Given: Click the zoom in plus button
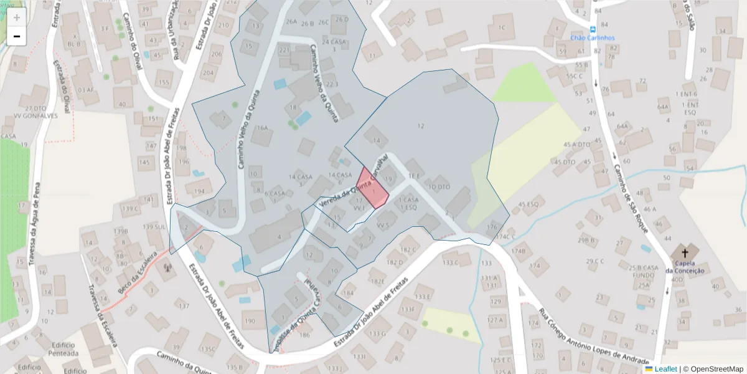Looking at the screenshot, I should pyautogui.click(x=17, y=17).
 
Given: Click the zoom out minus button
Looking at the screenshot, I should pyautogui.click(x=17, y=37).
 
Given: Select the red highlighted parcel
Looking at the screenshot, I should pyautogui.click(x=374, y=191).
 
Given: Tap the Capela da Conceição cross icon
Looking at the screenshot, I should pyautogui.click(x=685, y=254).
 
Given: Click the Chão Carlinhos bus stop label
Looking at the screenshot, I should pyautogui.click(x=593, y=37).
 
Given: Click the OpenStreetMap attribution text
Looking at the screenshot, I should pyautogui.click(x=713, y=369).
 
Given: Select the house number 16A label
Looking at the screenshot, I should pyautogui.click(x=263, y=128).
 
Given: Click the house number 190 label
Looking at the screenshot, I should pyautogui.click(x=250, y=322).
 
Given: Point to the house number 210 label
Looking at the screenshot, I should pyautogui.click(x=222, y=25).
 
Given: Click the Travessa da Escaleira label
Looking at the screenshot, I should pyautogui.click(x=103, y=315).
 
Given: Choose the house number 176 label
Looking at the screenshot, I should pyautogui.click(x=492, y=226).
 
